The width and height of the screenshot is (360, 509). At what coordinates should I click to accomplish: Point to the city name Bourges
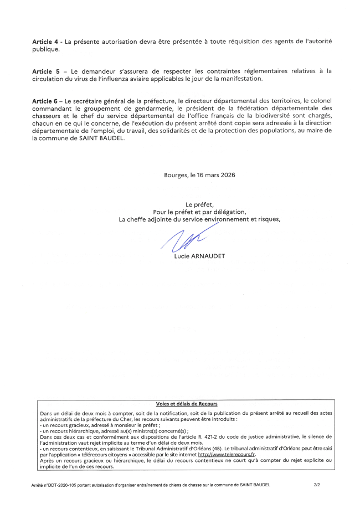coord(176,175)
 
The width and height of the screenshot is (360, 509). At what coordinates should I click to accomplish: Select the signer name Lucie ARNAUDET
coord(199,256)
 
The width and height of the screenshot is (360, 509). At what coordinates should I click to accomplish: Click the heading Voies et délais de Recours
coord(187,404)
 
